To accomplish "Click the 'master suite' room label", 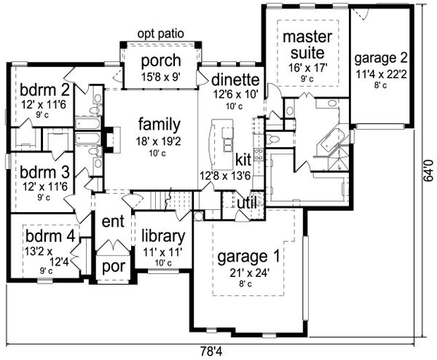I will (x=307, y=45).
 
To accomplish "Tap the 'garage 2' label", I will (x=381, y=59).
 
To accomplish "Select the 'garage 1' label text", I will (x=249, y=257).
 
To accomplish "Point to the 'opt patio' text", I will (x=160, y=34).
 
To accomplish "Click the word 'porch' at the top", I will (x=160, y=60).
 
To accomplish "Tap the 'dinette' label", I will (x=235, y=79).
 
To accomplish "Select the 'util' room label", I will (x=248, y=202).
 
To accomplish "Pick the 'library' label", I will (x=162, y=236).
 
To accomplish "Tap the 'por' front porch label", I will (x=113, y=267).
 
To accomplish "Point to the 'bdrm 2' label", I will (x=36, y=91).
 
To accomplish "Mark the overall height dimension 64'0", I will (x=430, y=175).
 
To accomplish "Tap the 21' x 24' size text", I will (x=249, y=273).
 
